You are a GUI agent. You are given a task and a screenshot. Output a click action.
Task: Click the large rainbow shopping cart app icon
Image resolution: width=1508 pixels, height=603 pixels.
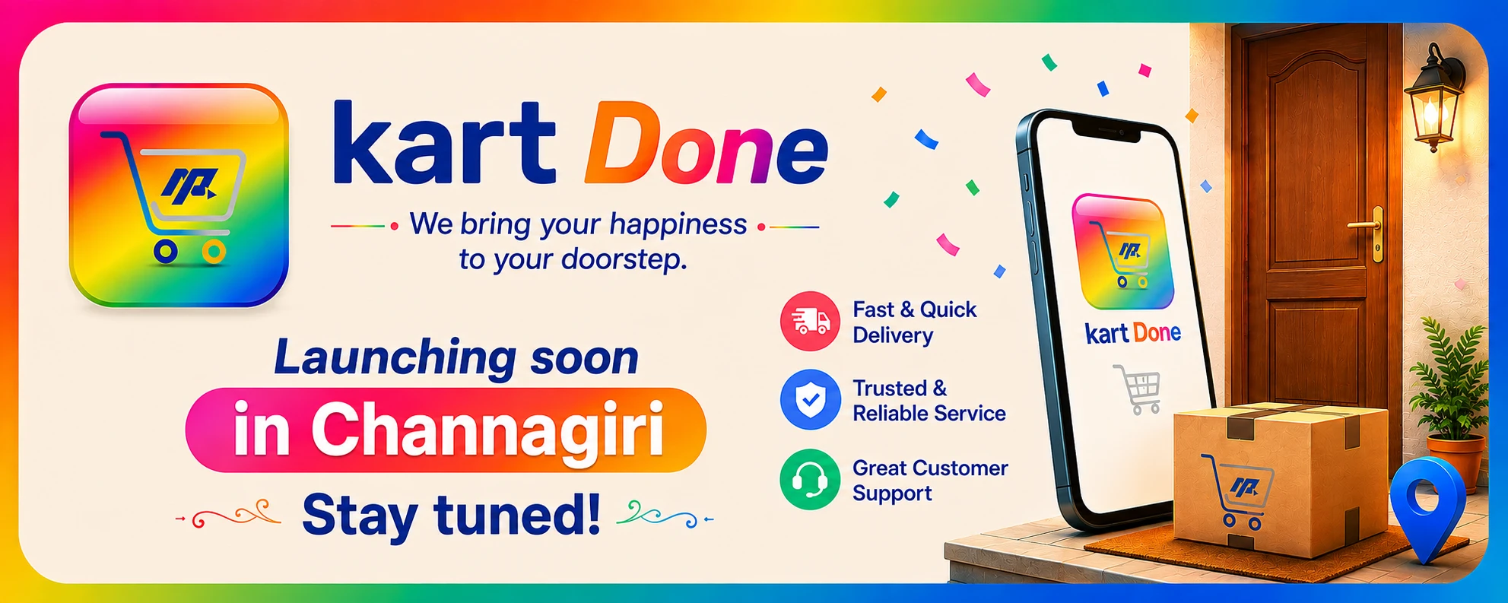[179, 195]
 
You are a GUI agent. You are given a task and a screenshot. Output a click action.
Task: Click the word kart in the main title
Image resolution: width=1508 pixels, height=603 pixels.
[445, 144]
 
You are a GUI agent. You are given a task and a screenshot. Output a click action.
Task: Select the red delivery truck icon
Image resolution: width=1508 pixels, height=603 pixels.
[810, 321]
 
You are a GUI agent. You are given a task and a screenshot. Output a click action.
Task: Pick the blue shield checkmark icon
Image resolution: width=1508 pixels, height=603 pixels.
[810, 400]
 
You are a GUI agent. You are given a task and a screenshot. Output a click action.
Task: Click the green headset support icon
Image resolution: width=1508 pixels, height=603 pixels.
[810, 479]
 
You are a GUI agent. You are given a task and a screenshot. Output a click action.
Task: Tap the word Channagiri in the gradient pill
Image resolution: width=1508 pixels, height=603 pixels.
[487, 430]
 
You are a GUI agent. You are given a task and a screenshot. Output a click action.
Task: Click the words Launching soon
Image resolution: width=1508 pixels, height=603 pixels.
[456, 358]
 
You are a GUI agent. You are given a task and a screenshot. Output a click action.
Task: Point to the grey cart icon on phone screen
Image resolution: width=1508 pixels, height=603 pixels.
[1138, 389]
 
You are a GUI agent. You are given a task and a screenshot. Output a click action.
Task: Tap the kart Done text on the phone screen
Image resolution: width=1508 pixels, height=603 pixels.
[1133, 333]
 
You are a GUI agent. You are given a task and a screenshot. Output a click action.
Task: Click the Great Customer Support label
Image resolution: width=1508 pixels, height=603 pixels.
[929, 481]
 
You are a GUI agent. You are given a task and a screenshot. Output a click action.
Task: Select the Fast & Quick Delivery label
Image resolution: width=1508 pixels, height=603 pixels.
[914, 322]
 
